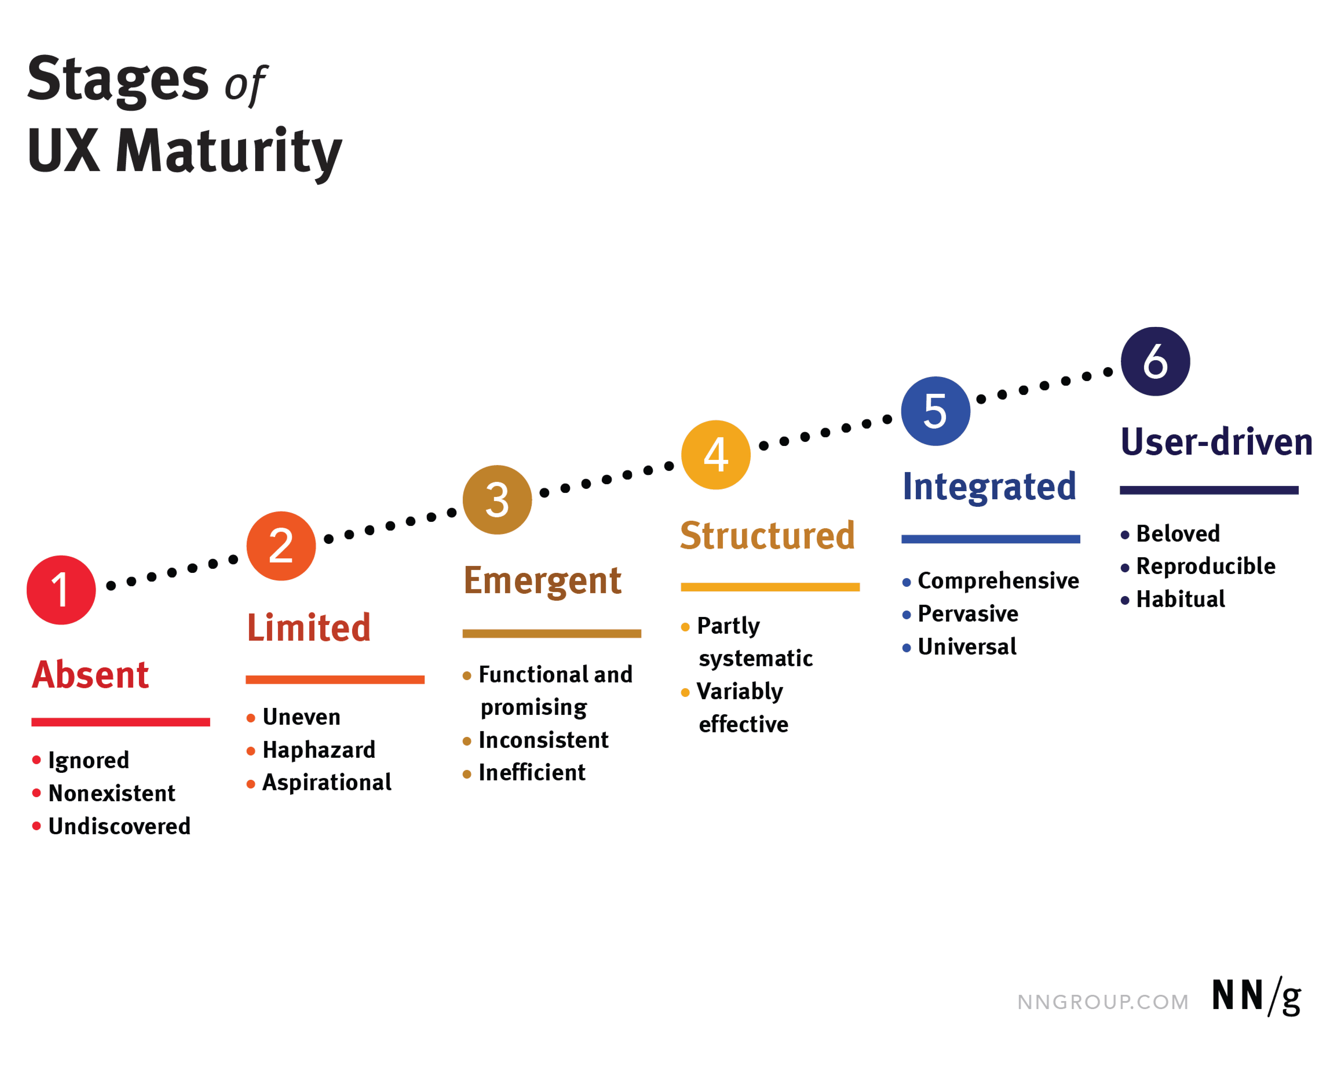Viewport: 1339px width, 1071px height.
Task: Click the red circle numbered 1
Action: pos(61,590)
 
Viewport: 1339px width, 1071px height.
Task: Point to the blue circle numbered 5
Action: pos(935,411)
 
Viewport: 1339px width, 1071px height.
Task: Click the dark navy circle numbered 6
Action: pos(1155,361)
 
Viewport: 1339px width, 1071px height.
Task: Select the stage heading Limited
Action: pos(309,628)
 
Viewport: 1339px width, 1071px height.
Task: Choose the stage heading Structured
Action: pos(767,535)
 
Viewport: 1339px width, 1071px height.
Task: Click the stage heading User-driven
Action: pos(1216,442)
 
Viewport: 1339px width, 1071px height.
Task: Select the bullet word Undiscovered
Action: pos(119,826)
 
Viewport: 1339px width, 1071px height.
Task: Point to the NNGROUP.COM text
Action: pos(1102,1002)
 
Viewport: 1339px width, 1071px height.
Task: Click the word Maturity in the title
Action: pos(228,152)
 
